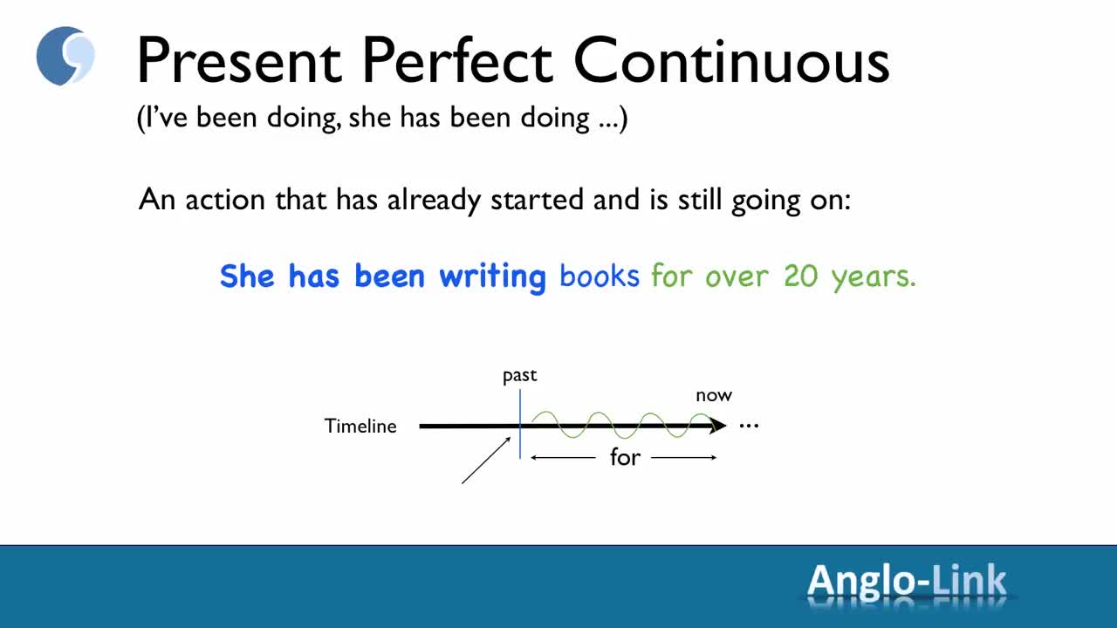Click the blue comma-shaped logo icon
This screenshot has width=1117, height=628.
coord(65,56)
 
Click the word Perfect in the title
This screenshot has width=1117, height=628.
coord(457,60)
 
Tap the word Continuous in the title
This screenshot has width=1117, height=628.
coord(731,60)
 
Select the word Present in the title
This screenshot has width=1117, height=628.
coord(239,60)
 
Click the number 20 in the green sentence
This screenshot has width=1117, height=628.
coord(801,276)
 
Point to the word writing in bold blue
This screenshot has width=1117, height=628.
coord(493,277)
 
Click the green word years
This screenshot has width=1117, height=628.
coord(874,277)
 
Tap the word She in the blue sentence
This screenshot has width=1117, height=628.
coord(247,276)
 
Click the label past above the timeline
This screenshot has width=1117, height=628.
coord(519,376)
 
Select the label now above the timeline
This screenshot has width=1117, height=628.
coord(714,396)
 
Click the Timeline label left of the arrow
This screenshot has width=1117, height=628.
coord(360,427)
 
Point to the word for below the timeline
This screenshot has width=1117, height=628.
coord(625,457)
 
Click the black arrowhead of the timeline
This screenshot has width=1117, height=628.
coord(717,425)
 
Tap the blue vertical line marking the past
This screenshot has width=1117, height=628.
coord(520,424)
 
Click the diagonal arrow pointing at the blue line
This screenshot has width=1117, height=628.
coord(486,460)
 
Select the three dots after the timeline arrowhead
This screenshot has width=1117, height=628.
coord(749,427)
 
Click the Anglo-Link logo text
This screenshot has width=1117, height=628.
coord(907,580)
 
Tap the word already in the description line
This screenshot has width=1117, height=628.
coord(434,201)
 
